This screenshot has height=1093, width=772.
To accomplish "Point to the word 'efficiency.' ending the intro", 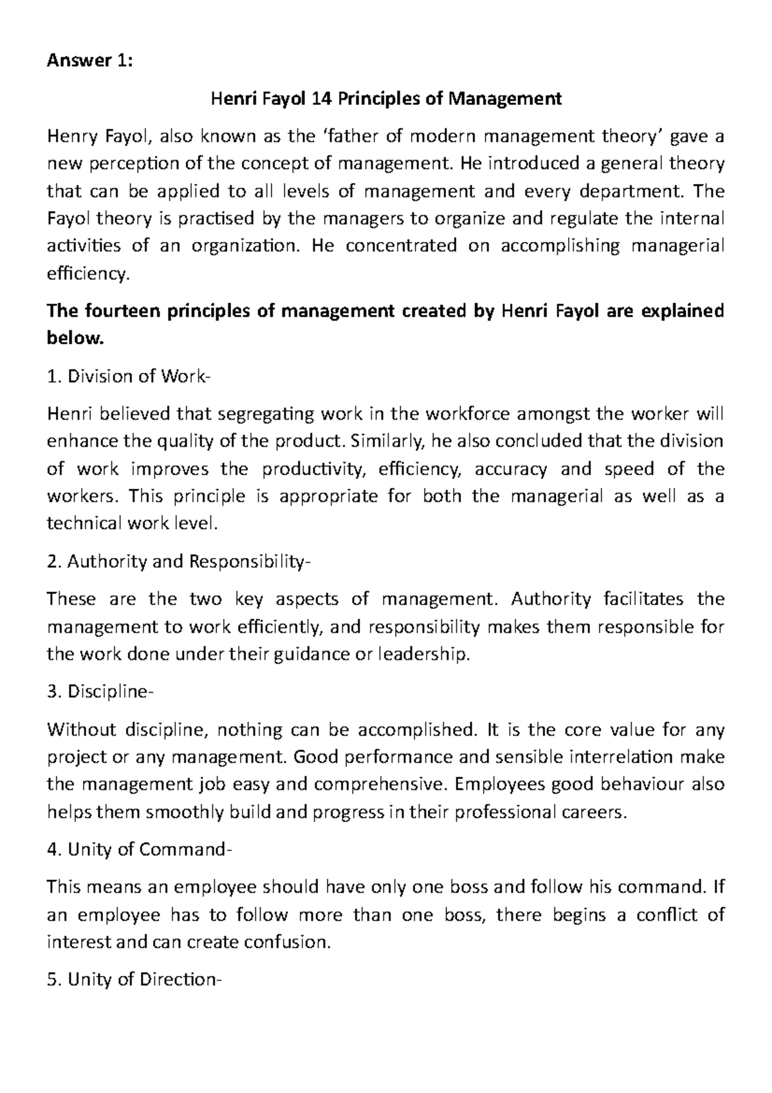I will [89, 275].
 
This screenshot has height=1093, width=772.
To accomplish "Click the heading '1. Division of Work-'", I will [129, 377].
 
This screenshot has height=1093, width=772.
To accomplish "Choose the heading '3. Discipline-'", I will [100, 693].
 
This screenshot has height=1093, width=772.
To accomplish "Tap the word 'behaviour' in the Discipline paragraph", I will [645, 785].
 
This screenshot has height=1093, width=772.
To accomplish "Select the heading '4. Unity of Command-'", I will [137, 850].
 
